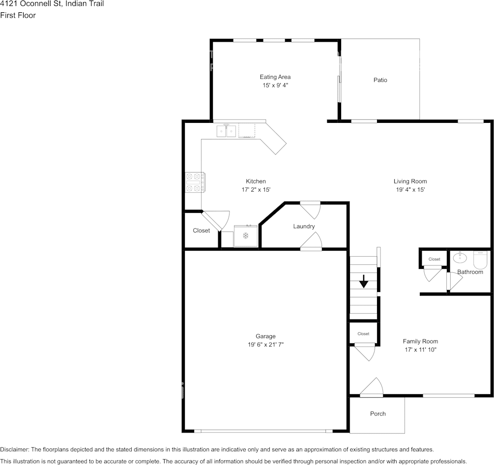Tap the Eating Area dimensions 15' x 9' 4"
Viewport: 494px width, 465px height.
[x=275, y=86]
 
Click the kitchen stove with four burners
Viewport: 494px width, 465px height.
[x=195, y=182]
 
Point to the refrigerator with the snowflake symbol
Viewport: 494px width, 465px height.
[x=246, y=236]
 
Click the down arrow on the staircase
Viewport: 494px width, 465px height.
[x=363, y=281]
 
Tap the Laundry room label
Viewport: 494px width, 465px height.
[x=304, y=227]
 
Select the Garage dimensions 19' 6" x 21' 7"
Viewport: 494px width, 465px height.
[x=265, y=345]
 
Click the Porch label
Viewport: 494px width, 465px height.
[x=378, y=414]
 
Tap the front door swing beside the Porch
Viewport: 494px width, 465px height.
[x=372, y=387]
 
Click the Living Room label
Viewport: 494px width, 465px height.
[x=410, y=181]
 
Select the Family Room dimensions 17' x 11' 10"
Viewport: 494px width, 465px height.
[x=420, y=350]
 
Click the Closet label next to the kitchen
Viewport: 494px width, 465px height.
[x=201, y=231]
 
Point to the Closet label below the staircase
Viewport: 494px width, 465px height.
[x=363, y=334]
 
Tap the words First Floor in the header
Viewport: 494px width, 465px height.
[x=18, y=15]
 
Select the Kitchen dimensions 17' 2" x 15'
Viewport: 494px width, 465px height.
[x=256, y=190]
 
